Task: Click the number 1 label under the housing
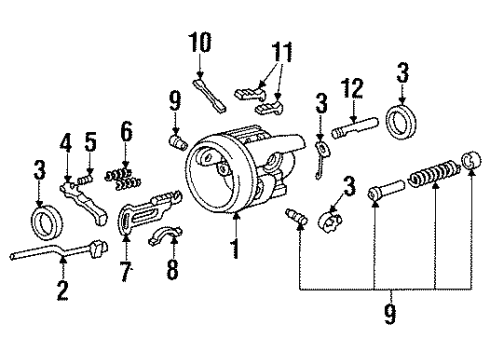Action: (x=237, y=246)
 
